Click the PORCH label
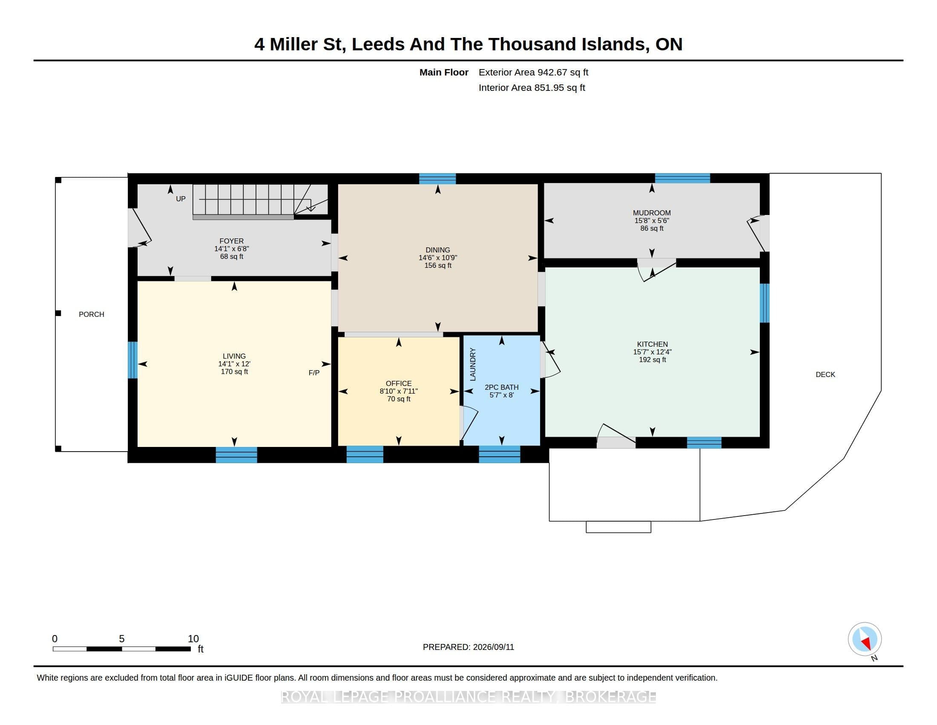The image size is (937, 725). pyautogui.click(x=92, y=314)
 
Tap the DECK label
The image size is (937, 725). pyautogui.click(x=825, y=374)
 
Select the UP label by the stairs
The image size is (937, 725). pyautogui.click(x=181, y=199)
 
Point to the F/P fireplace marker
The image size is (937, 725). pyautogui.click(x=314, y=373)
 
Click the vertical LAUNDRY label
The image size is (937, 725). pyautogui.click(x=473, y=364)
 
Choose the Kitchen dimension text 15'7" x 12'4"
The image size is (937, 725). pyautogui.click(x=652, y=352)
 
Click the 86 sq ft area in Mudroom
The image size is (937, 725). pyautogui.click(x=652, y=229)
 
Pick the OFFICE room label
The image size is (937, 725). pyautogui.click(x=399, y=383)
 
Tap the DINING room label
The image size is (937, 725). pyautogui.click(x=437, y=250)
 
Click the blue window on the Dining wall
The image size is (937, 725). pyautogui.click(x=437, y=179)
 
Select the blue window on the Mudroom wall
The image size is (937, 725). pyautogui.click(x=682, y=178)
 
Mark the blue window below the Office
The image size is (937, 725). pyautogui.click(x=365, y=455)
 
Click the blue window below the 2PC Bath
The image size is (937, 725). pyautogui.click(x=500, y=455)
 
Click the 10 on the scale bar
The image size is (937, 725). pyautogui.click(x=193, y=639)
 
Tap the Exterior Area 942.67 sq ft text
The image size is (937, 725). pyautogui.click(x=533, y=72)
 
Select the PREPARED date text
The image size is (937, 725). pyautogui.click(x=468, y=647)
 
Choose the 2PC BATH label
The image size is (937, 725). pyautogui.click(x=502, y=387)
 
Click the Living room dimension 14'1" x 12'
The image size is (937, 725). pyautogui.click(x=234, y=364)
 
